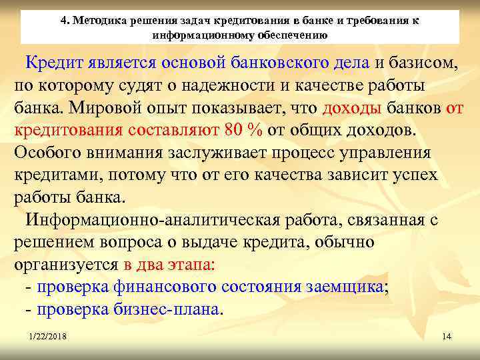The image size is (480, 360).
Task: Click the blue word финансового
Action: (x=160, y=287)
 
